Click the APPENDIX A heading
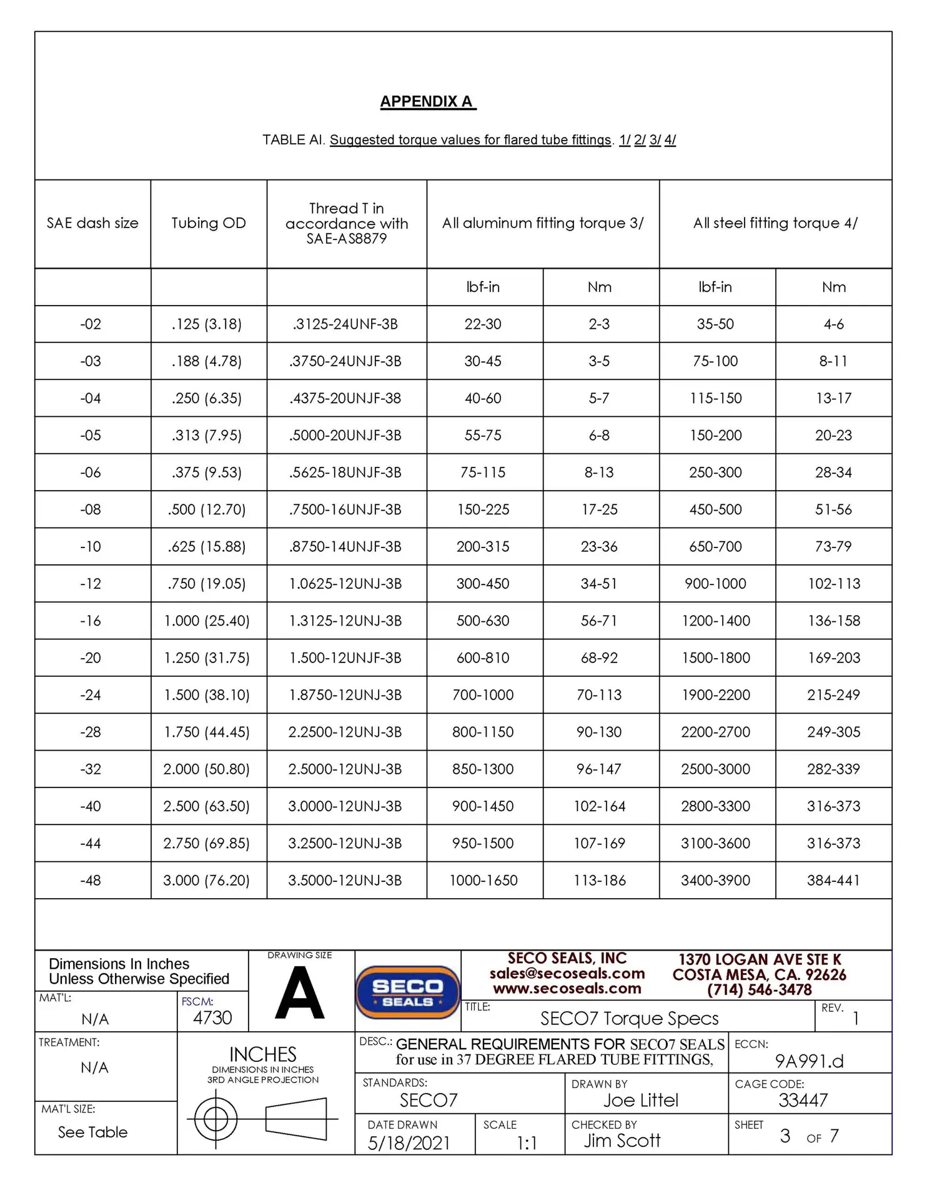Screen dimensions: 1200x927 (x=427, y=102)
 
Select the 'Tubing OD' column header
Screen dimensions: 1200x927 (x=209, y=223)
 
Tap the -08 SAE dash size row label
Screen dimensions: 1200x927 (x=91, y=509)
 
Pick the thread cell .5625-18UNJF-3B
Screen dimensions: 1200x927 (x=345, y=472)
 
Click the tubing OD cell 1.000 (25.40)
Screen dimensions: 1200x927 (x=207, y=621)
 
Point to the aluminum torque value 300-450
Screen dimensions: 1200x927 (x=483, y=584)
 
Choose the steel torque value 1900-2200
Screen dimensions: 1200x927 (x=715, y=695)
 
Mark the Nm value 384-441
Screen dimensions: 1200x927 (x=833, y=881)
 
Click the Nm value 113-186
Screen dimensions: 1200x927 (x=600, y=881)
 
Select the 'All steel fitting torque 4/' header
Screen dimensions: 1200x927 (x=775, y=223)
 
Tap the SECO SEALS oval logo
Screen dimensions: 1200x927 (x=408, y=992)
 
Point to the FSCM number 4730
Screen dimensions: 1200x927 (x=212, y=1018)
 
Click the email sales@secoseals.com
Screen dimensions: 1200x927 (x=567, y=974)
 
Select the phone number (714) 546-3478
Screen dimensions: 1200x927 (x=759, y=990)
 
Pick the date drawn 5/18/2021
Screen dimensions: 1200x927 (x=409, y=1143)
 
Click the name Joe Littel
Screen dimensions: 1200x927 (x=640, y=1101)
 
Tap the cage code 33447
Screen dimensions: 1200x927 (x=803, y=1101)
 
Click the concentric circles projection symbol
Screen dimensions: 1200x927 (x=216, y=1119)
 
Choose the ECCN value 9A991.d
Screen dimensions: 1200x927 (x=809, y=1061)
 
